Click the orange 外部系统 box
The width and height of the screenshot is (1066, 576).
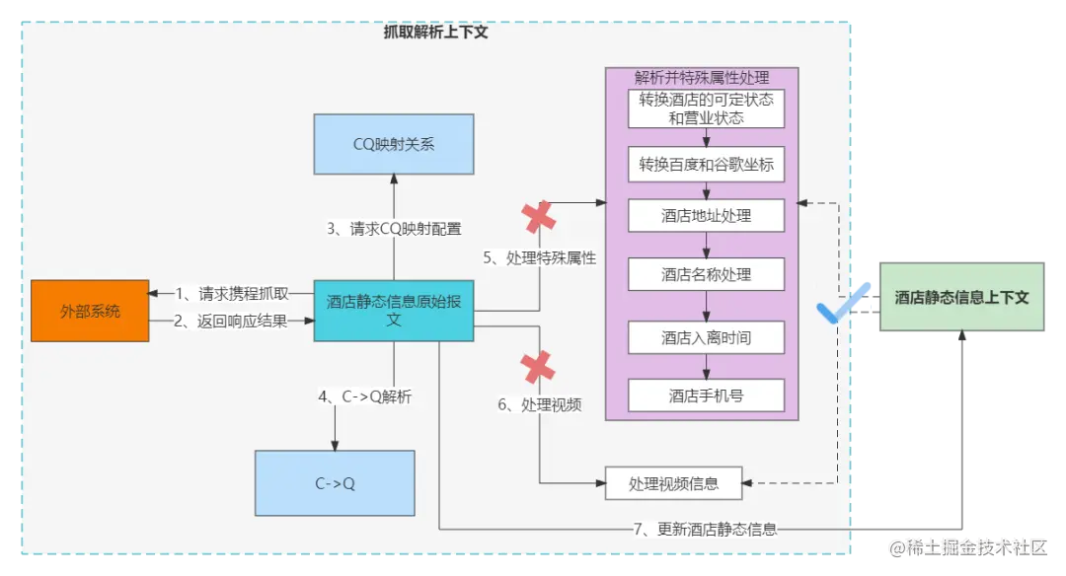pyautogui.click(x=90, y=311)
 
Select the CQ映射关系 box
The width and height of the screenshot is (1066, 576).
pyautogui.click(x=394, y=144)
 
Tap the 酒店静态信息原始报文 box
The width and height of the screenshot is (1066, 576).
pyautogui.click(x=394, y=311)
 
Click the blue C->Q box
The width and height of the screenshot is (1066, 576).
pyautogui.click(x=335, y=483)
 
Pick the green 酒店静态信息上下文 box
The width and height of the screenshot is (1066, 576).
pyautogui.click(x=961, y=297)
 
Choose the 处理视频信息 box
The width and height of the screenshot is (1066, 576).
pyautogui.click(x=673, y=483)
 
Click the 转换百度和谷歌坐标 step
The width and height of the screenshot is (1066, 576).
pyautogui.click(x=706, y=165)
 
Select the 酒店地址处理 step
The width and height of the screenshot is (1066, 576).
pyautogui.click(x=706, y=216)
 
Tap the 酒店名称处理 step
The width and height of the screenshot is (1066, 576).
pyautogui.click(x=706, y=275)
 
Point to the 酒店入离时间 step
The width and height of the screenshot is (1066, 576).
pyautogui.click(x=706, y=337)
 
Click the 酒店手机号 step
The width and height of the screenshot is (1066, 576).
pyautogui.click(x=706, y=396)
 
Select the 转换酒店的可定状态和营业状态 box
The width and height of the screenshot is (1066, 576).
pyautogui.click(x=706, y=108)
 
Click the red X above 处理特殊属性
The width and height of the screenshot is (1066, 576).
pyautogui.click(x=539, y=217)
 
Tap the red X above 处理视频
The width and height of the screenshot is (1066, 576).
pyautogui.click(x=538, y=368)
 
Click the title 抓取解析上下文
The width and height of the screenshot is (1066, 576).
pyautogui.click(x=435, y=32)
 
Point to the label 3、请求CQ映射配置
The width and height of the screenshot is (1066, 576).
pyautogui.click(x=394, y=229)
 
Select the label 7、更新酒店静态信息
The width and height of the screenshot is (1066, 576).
pyautogui.click(x=705, y=529)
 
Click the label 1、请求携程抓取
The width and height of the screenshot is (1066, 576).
pyautogui.click(x=232, y=293)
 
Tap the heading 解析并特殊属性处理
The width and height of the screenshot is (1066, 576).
pyautogui.click(x=702, y=77)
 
